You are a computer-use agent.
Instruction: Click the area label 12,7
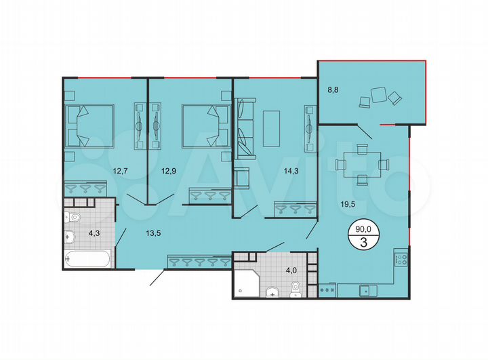pos(121,171)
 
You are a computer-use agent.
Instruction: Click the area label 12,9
pos(170,171)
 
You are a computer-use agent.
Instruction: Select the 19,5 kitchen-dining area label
pos(356,201)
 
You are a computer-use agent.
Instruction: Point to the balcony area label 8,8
pos(333,87)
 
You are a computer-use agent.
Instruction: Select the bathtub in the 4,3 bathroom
pos(89,259)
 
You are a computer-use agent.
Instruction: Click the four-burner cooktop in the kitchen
pos(400,258)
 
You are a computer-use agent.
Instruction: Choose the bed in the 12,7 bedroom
pos(88,125)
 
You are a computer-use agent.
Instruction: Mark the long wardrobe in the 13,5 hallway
pos(197,261)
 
